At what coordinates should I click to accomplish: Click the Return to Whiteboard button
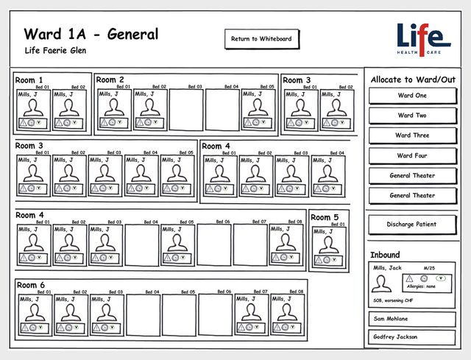[261, 39]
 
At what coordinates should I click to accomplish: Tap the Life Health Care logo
[423, 40]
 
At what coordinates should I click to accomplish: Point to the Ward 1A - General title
[91, 34]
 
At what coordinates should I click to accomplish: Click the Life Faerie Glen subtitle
[55, 52]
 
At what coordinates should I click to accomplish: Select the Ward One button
[412, 96]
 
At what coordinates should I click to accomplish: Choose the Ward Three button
[412, 135]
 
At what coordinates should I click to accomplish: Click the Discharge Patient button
[412, 224]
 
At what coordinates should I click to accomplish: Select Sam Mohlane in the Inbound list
[412, 319]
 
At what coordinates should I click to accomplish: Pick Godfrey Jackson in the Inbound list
[412, 337]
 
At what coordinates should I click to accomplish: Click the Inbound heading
[386, 255]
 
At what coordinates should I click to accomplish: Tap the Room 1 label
[29, 80]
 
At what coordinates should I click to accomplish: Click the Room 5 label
[325, 217]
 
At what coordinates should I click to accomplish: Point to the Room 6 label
[31, 285]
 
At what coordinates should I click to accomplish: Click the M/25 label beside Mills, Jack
[428, 267]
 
